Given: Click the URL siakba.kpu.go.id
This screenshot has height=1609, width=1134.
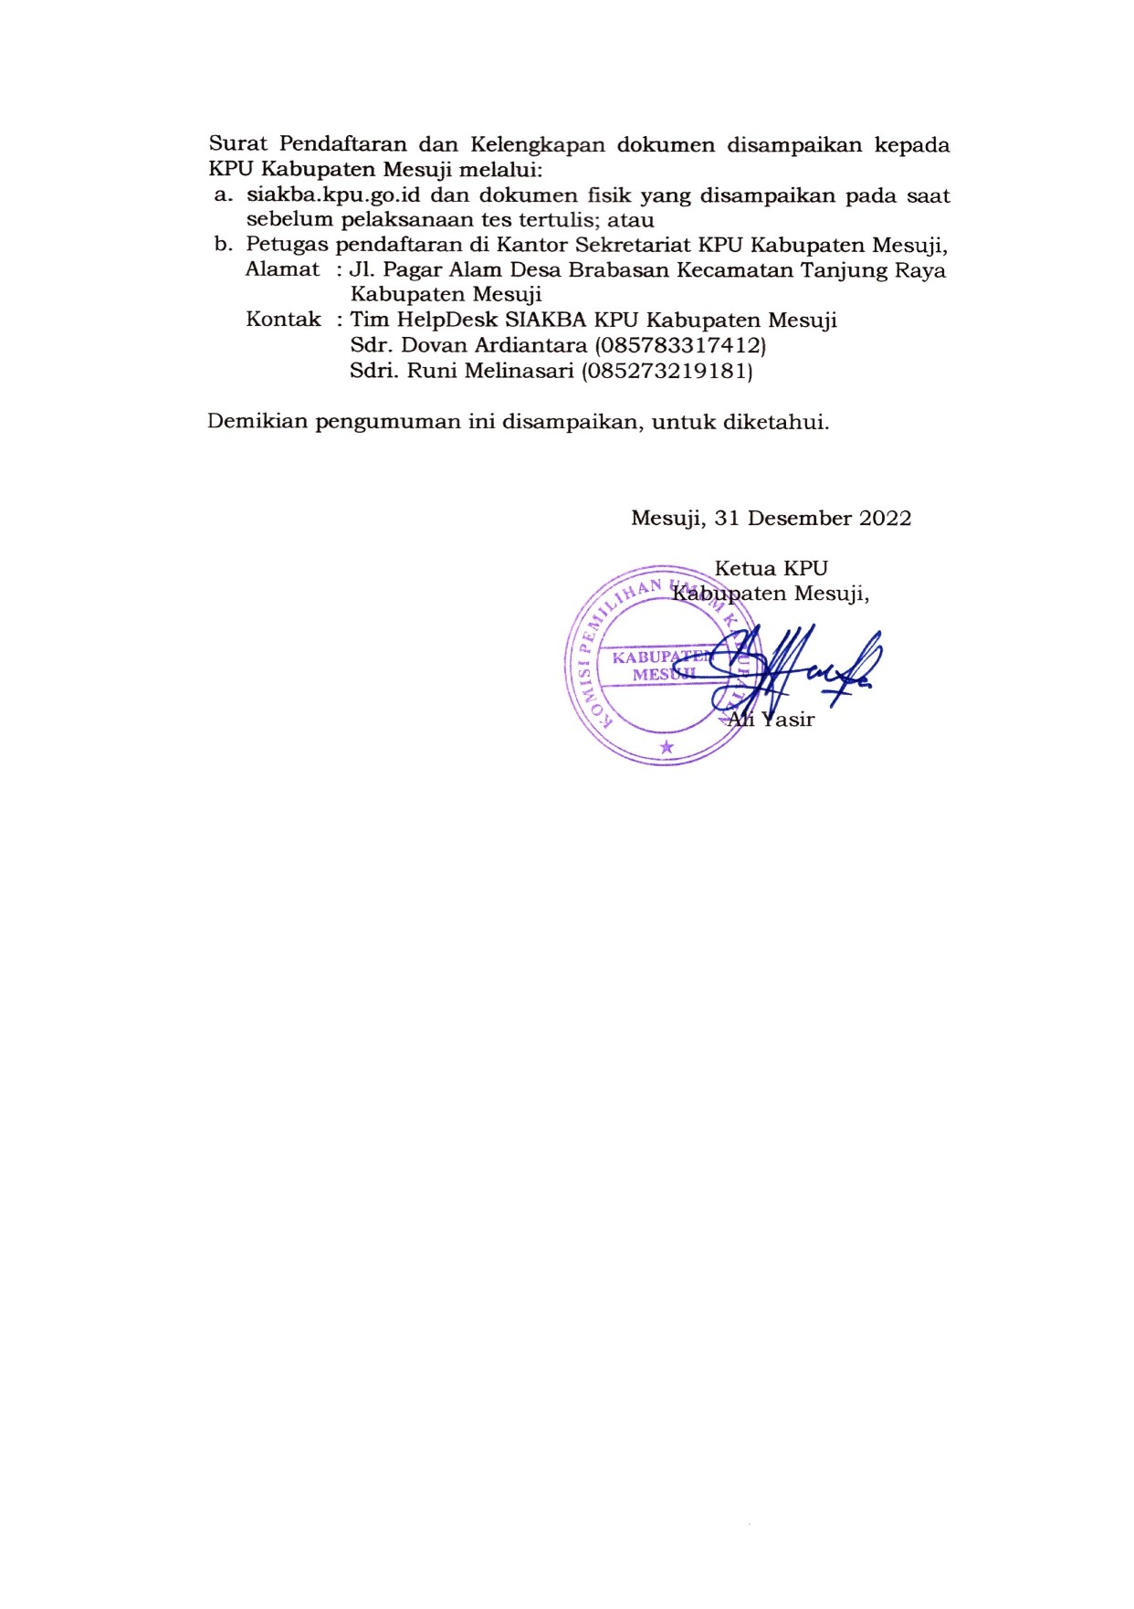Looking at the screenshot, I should (x=333, y=195).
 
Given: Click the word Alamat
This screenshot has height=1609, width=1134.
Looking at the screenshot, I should (x=282, y=269).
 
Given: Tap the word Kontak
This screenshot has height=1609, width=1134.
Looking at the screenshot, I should (x=283, y=320).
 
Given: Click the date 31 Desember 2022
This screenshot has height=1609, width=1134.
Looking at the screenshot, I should (x=813, y=519).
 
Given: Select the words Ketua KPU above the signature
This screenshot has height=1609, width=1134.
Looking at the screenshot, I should (x=771, y=569).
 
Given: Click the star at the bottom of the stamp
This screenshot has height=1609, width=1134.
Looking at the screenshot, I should (x=667, y=747).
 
